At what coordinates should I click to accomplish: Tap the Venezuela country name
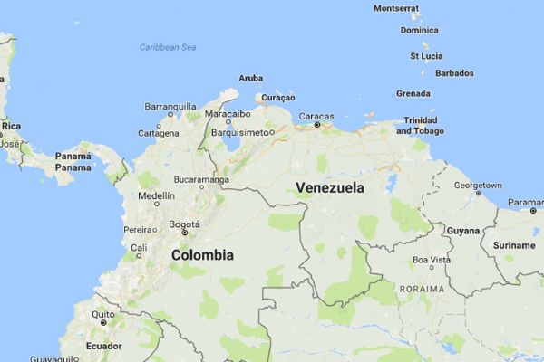tap(330, 188)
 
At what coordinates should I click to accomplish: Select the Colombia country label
tap(202, 255)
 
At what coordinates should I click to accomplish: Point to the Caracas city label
tap(316, 117)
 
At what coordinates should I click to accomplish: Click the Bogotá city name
tap(184, 223)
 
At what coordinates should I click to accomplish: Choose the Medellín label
tap(155, 195)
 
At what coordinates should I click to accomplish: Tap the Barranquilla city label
tap(170, 106)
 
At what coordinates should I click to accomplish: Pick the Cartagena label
tap(159, 133)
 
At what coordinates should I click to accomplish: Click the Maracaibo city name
tap(228, 115)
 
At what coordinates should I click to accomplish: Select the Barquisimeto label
tap(240, 132)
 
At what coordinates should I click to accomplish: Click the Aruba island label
tap(250, 79)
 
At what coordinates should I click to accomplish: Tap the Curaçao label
tap(277, 97)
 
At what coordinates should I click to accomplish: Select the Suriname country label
tap(513, 245)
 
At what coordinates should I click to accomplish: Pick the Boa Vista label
tap(432, 260)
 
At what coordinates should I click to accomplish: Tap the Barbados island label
tap(454, 73)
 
